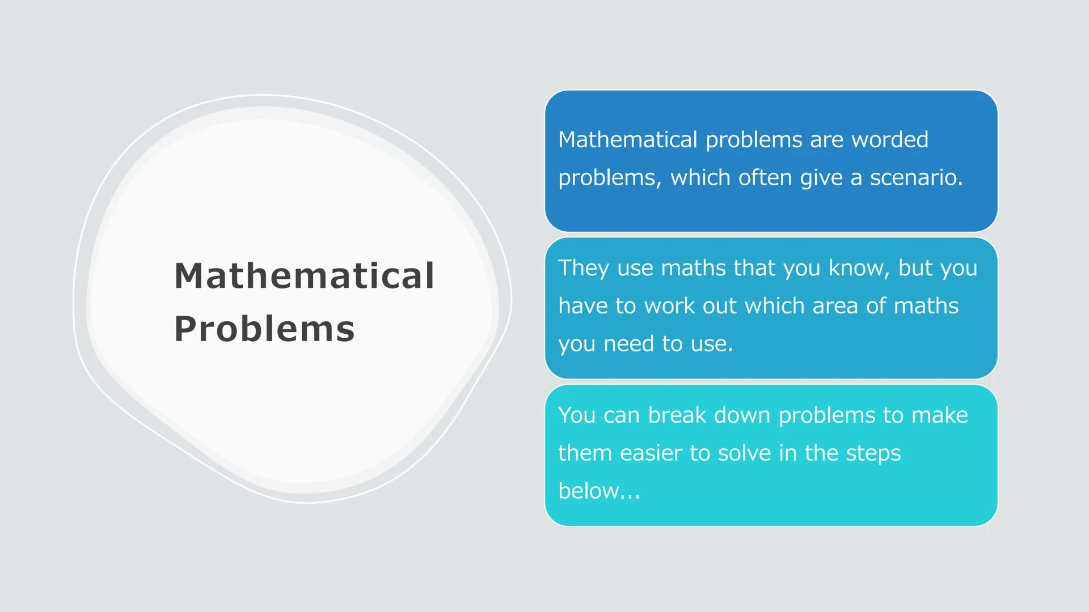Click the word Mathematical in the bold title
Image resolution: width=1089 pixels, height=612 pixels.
click(x=304, y=276)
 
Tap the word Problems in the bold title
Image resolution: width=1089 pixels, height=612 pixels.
click(x=264, y=329)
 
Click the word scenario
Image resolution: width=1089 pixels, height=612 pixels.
click(x=917, y=177)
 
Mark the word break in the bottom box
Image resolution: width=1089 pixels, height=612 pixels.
click(x=677, y=415)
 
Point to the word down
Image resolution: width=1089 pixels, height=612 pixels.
click(x=742, y=415)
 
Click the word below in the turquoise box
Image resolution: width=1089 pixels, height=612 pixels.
click(x=588, y=491)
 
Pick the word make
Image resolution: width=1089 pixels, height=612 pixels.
click(x=940, y=415)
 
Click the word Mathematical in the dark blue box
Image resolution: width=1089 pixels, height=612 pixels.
click(x=627, y=139)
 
